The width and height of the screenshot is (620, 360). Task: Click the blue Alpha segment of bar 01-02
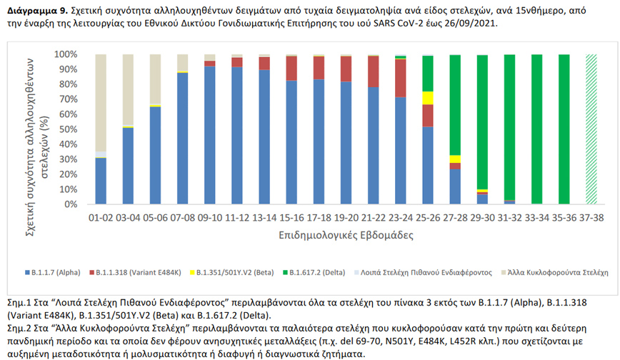[x=101, y=181]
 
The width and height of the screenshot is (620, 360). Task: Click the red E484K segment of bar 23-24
[x=401, y=78]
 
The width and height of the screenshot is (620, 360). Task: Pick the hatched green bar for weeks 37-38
[x=591, y=129]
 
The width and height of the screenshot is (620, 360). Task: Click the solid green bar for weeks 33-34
[x=536, y=129]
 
